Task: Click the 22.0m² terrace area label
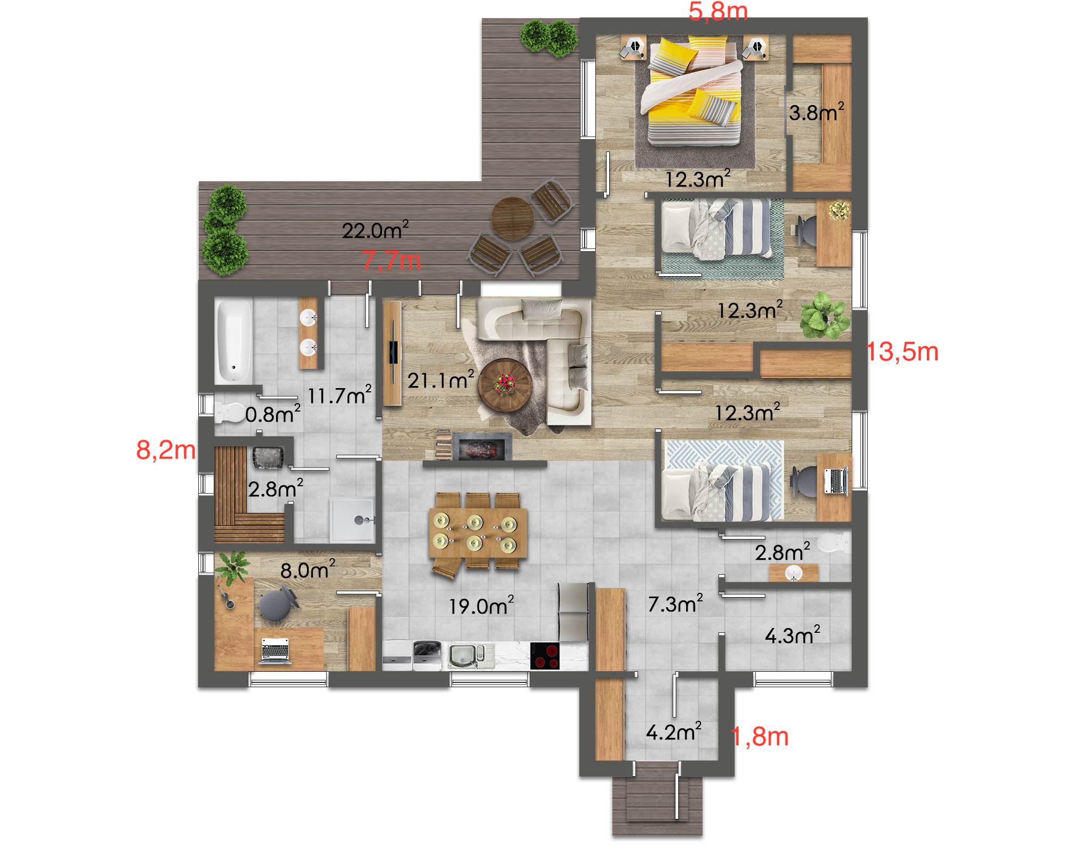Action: [375, 230]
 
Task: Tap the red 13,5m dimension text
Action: [902, 352]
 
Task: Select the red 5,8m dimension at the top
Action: [718, 11]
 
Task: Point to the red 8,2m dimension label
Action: [166, 450]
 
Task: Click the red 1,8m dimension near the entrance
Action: [760, 737]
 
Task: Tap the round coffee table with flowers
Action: [505, 385]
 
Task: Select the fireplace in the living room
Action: [482, 447]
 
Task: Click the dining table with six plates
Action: [478, 533]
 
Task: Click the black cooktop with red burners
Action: [545, 656]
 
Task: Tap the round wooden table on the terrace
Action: [512, 219]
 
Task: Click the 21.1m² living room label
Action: [441, 380]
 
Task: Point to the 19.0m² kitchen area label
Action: [481, 606]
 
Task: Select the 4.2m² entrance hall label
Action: [674, 732]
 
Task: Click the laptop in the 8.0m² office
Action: [275, 651]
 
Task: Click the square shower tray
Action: [353, 519]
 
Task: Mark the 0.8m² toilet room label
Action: [273, 414]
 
